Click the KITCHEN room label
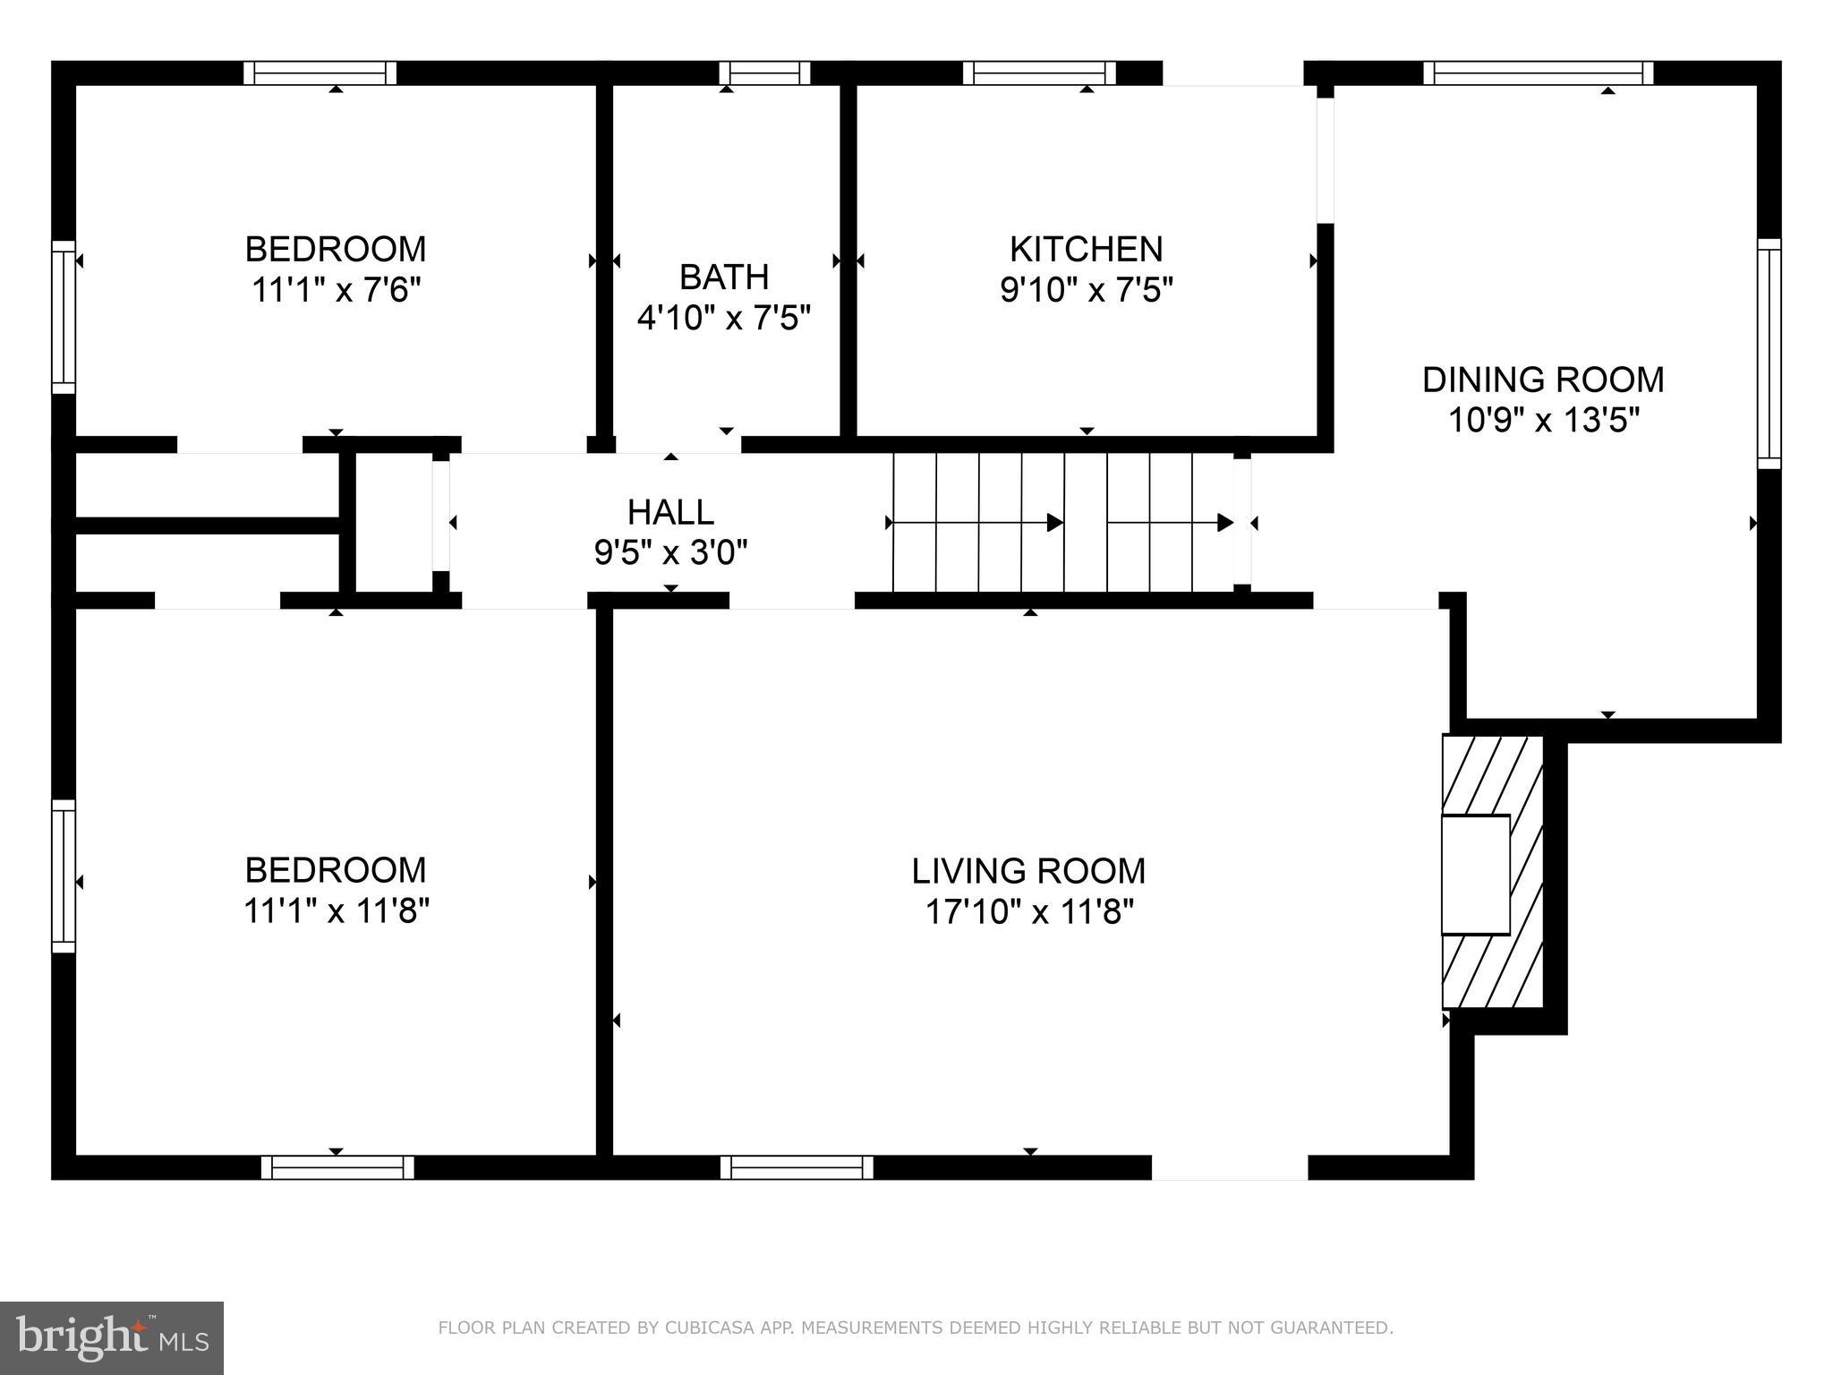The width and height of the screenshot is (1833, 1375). point(1086,249)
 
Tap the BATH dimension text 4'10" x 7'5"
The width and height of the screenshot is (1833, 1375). point(723,318)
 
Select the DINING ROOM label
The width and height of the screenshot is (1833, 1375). point(1543,380)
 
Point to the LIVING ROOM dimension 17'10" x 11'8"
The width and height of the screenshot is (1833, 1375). point(1029,912)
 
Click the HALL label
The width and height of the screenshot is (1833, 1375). point(670,512)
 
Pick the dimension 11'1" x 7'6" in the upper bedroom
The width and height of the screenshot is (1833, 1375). point(336,290)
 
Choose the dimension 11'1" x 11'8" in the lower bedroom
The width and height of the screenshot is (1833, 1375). point(336,911)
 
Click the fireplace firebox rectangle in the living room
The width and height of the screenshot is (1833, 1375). point(1475,875)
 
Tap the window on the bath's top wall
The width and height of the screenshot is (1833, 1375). point(764,73)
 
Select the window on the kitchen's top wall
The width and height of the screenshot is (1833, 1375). point(1039,73)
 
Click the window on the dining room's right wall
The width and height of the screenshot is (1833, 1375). point(1769,354)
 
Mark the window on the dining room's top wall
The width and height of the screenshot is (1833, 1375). point(1538,73)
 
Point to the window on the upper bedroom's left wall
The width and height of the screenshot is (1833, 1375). point(64,317)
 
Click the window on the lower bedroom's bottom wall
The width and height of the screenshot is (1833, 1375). point(337,1167)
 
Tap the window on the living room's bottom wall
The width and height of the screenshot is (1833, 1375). point(797,1167)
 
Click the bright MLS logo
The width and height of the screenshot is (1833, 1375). point(112,1337)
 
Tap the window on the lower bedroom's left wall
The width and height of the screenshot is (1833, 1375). point(64,875)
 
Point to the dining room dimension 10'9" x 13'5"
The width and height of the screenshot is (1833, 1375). point(1543,420)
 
